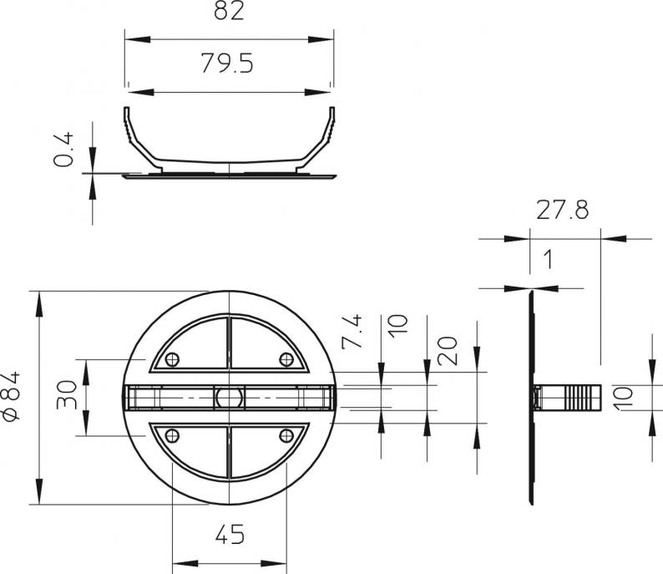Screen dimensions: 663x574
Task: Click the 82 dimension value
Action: [x=229, y=11]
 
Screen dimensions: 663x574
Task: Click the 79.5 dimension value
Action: [x=227, y=63]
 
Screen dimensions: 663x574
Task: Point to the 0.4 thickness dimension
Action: [x=63, y=150]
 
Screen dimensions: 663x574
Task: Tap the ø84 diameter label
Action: [x=12, y=396]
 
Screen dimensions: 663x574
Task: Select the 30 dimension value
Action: [x=67, y=394]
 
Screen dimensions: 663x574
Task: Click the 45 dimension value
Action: [x=230, y=534]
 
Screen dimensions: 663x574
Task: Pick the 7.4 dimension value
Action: [x=352, y=331]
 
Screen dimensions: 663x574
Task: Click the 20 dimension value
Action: [x=448, y=351]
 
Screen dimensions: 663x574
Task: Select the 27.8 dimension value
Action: [x=562, y=210]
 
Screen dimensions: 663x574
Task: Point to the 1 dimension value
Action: [x=548, y=259]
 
